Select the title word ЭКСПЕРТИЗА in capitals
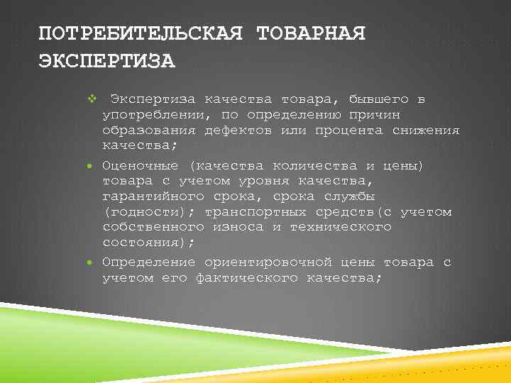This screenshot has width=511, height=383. click(x=106, y=60)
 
